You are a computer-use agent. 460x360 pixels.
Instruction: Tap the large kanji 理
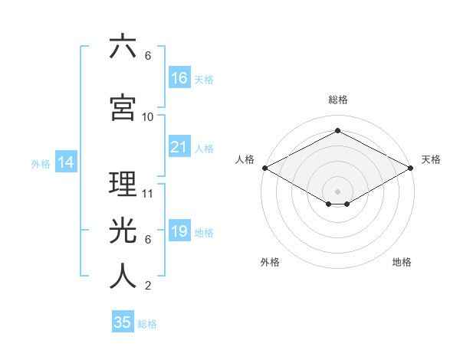[x=123, y=184]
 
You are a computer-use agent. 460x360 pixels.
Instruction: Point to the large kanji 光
[x=123, y=229]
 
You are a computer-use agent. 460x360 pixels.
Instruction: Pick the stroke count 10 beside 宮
[x=148, y=116]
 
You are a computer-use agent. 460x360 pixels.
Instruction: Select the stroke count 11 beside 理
[x=148, y=194]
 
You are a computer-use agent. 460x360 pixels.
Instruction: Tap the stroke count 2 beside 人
[x=148, y=286]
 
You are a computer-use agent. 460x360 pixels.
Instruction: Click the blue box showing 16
[x=179, y=77]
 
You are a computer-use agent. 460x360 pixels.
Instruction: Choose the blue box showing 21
[x=179, y=147]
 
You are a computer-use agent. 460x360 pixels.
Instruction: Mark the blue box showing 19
[x=179, y=231]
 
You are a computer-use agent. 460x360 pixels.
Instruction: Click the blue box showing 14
[x=65, y=162]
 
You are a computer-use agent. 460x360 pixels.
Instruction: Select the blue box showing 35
[x=123, y=322]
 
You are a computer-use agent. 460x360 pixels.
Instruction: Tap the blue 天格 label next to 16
[x=204, y=79]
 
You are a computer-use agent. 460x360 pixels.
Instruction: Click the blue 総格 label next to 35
[x=147, y=324]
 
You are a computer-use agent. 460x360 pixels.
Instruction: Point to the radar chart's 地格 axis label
[x=402, y=263]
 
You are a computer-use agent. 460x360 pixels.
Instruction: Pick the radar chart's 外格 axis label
[x=270, y=263]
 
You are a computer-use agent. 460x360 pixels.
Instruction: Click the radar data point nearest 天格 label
[x=412, y=168]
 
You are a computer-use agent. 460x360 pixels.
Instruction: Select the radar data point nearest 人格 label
[x=264, y=168]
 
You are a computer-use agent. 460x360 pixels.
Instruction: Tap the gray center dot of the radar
[x=337, y=191]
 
